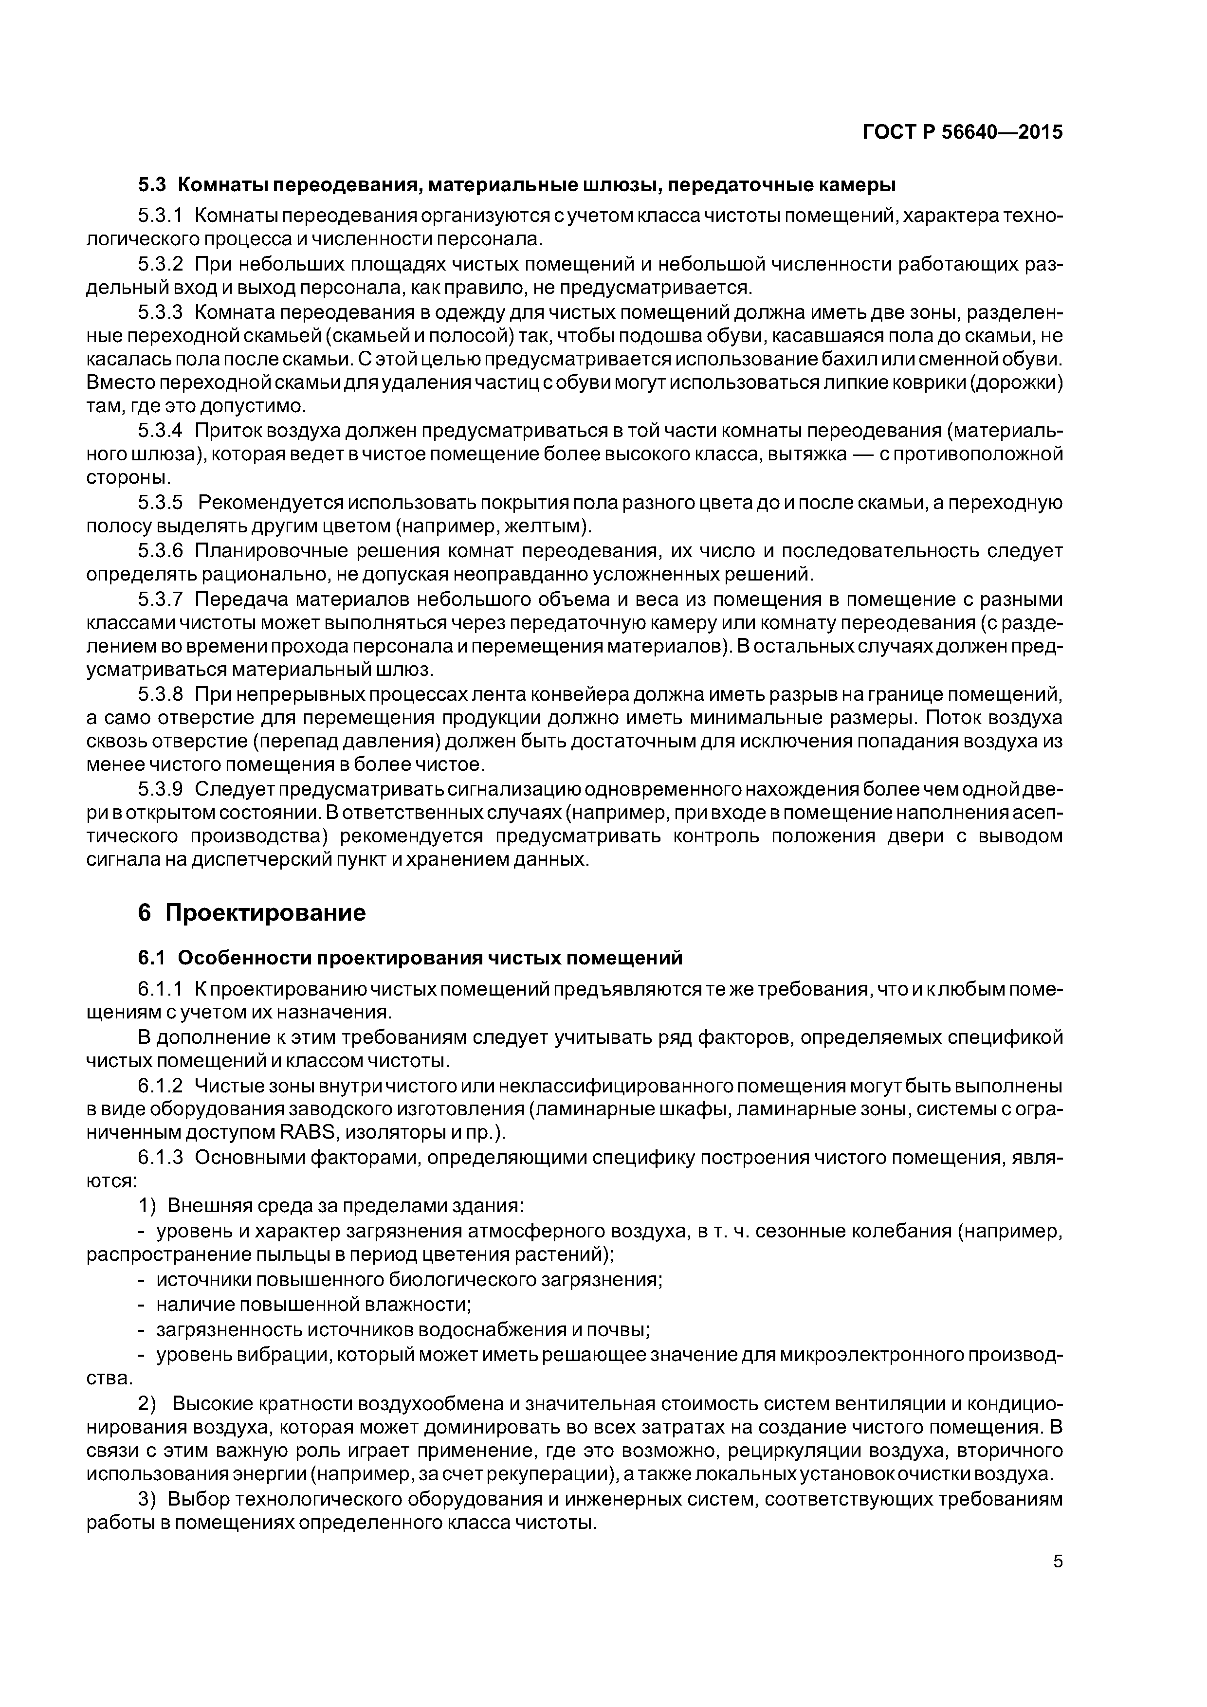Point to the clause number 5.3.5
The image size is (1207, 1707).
pyautogui.click(x=160, y=503)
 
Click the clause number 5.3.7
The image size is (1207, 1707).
pyautogui.click(x=160, y=599)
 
